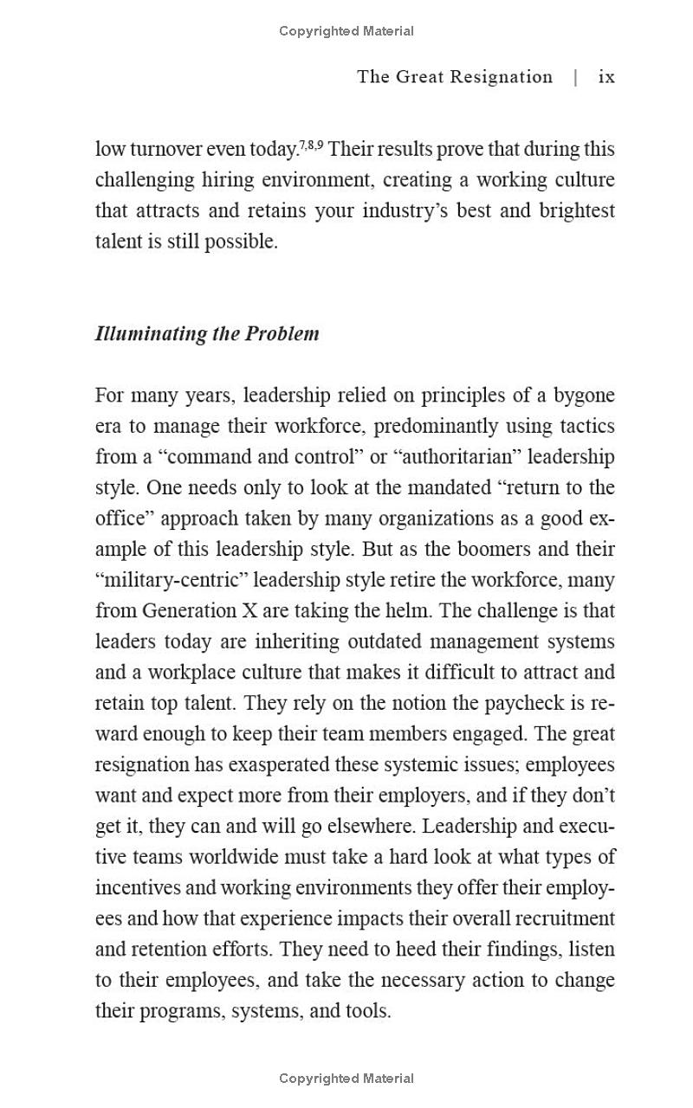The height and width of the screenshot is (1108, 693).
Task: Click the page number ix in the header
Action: click(606, 77)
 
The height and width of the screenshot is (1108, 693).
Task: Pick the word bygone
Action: click(585, 396)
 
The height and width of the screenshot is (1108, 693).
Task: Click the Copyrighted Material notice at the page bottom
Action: click(346, 1079)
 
